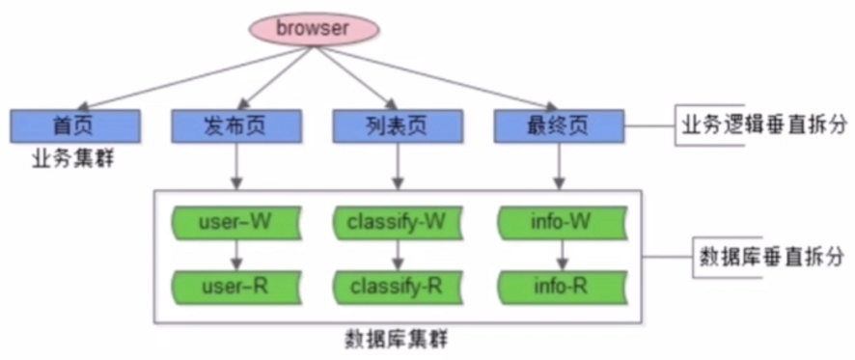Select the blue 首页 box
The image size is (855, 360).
[75, 125]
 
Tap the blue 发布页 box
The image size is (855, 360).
[235, 125]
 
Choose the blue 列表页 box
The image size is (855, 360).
[397, 125]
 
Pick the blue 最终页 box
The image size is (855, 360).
[558, 125]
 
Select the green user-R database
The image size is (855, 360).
[235, 286]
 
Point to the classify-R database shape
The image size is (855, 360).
[397, 286]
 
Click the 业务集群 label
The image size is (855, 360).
[71, 157]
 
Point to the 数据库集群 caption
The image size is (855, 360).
[396, 341]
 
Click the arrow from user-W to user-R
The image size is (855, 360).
[235, 255]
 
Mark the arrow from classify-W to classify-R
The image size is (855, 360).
[397, 255]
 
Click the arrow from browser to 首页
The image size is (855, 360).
[193, 77]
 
